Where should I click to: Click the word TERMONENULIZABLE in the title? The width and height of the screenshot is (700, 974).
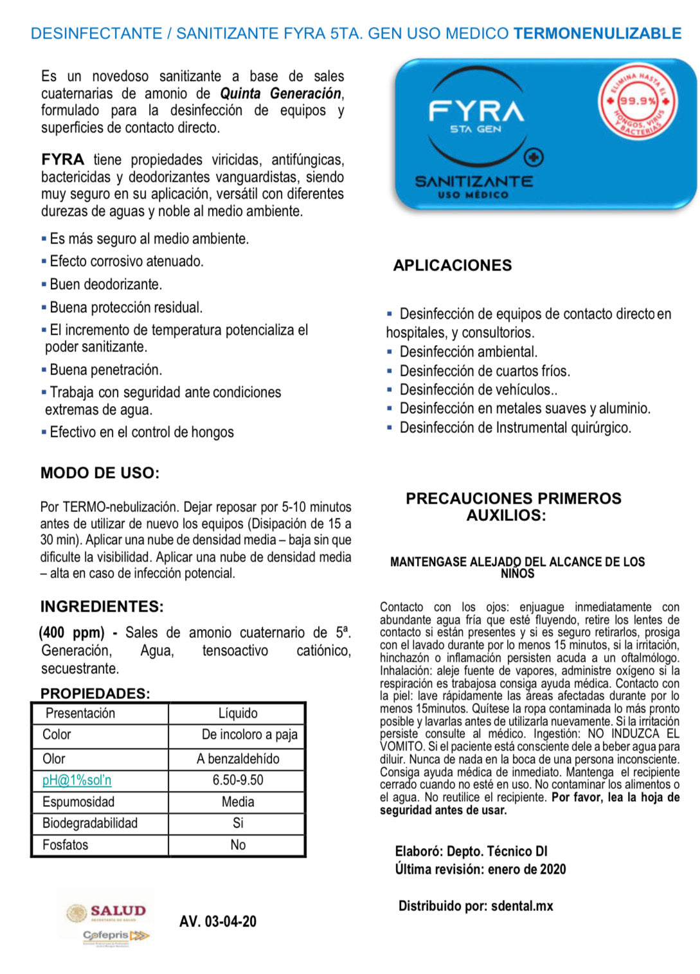597,33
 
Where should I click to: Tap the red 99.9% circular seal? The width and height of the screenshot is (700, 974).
637,102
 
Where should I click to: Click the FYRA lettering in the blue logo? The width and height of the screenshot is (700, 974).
476,111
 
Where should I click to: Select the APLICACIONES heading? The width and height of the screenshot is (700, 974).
453,265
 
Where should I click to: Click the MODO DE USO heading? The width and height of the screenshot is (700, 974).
100,473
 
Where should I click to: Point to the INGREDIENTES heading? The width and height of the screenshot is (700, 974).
102,607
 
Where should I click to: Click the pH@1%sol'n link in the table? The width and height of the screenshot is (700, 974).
76,780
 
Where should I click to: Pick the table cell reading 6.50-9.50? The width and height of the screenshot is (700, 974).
237,780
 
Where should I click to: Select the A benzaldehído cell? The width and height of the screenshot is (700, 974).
237,759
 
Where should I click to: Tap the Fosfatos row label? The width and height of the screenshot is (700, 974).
65,845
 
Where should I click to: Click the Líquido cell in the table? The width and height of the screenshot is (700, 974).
237,713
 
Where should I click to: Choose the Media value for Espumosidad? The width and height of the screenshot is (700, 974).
237,802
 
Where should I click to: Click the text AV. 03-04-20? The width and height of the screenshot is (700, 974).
217,921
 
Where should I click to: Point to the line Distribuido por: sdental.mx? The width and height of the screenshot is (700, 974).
476,906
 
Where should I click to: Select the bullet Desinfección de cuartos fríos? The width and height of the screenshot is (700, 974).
484,371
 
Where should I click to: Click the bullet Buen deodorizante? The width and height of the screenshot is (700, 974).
105,284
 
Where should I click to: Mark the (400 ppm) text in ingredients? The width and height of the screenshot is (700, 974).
71,632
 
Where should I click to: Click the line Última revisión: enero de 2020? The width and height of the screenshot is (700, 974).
480,869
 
